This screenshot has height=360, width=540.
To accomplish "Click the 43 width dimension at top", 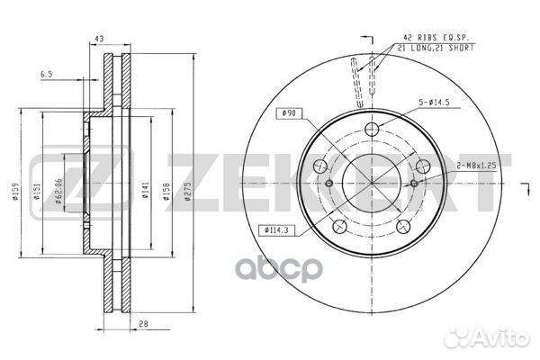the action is [x=99, y=39].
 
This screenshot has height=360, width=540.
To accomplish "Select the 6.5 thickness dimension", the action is [x=46, y=74].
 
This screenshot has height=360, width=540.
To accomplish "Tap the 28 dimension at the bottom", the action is [x=143, y=323].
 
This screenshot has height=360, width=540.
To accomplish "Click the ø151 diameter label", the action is [x=37, y=192].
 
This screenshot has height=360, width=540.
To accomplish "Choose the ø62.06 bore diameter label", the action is [x=58, y=191].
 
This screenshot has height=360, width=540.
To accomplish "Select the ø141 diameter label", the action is [x=145, y=190].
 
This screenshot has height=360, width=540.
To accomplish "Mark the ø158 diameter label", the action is [x=166, y=192].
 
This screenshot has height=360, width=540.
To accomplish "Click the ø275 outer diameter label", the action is [x=188, y=192].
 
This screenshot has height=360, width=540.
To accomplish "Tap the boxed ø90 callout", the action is [x=289, y=113].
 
